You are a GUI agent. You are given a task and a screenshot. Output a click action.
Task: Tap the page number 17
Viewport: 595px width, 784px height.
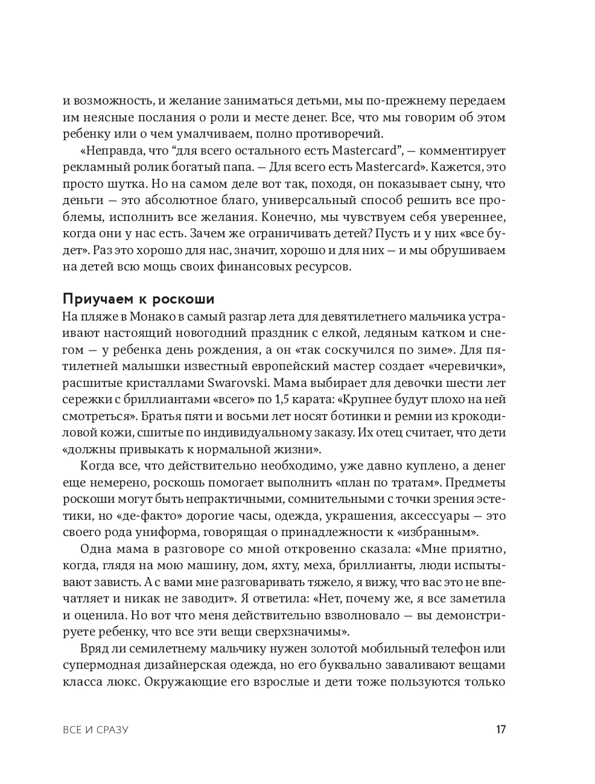click(500, 730)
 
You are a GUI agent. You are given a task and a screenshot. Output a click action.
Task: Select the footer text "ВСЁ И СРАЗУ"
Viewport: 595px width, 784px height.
click(96, 730)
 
